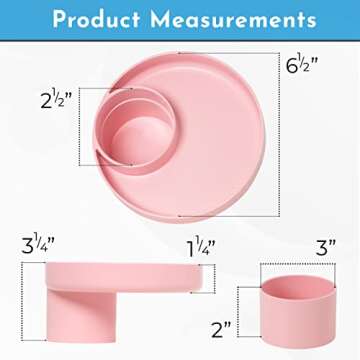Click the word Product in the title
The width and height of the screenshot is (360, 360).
click(100, 19)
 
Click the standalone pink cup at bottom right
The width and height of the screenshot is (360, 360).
click(291, 310)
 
